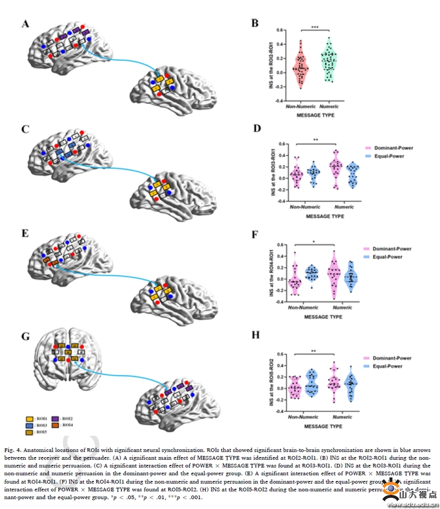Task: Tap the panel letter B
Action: point(254,23)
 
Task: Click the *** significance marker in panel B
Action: point(315,26)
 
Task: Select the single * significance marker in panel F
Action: point(315,241)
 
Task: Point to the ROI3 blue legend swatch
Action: point(30,425)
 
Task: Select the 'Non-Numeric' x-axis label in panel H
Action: point(301,417)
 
